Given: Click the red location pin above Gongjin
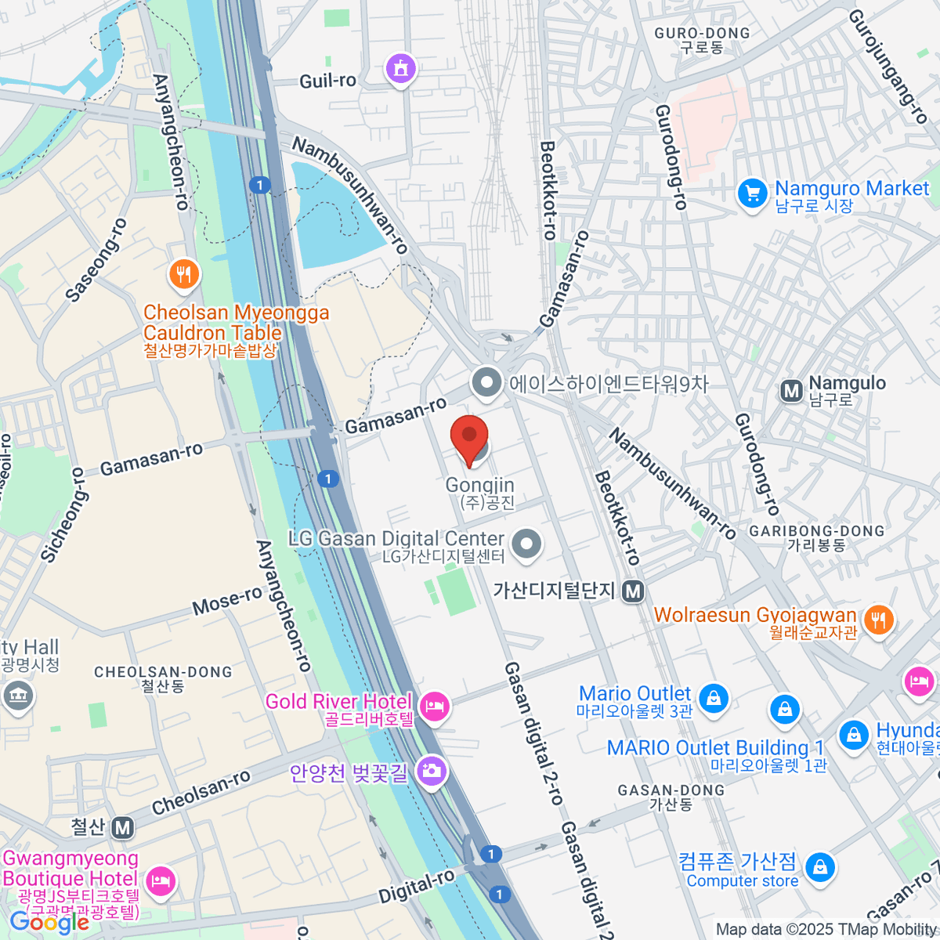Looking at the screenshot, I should tap(469, 437).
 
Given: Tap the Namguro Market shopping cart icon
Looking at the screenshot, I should tap(752, 193).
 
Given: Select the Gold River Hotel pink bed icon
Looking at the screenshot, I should tap(433, 707).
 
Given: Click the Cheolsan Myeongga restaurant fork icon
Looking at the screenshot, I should tap(184, 274).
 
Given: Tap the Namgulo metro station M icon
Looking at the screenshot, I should tap(791, 390).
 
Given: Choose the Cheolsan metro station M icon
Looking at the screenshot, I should tap(121, 827).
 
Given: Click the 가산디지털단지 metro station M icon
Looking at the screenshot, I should tap(633, 592).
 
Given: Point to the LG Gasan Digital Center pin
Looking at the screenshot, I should tap(526, 544).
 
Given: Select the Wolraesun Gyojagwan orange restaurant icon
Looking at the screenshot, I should tap(879, 620).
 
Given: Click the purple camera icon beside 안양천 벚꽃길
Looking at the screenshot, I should tap(430, 772).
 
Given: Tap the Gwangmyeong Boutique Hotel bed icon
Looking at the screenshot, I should tap(161, 880).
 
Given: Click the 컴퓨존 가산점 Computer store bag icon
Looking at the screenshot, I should tap(819, 866).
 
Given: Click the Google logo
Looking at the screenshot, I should tap(49, 922).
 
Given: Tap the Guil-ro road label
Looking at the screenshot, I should tap(327, 81).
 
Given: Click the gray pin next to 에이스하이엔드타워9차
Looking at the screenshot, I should tap(486, 383).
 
